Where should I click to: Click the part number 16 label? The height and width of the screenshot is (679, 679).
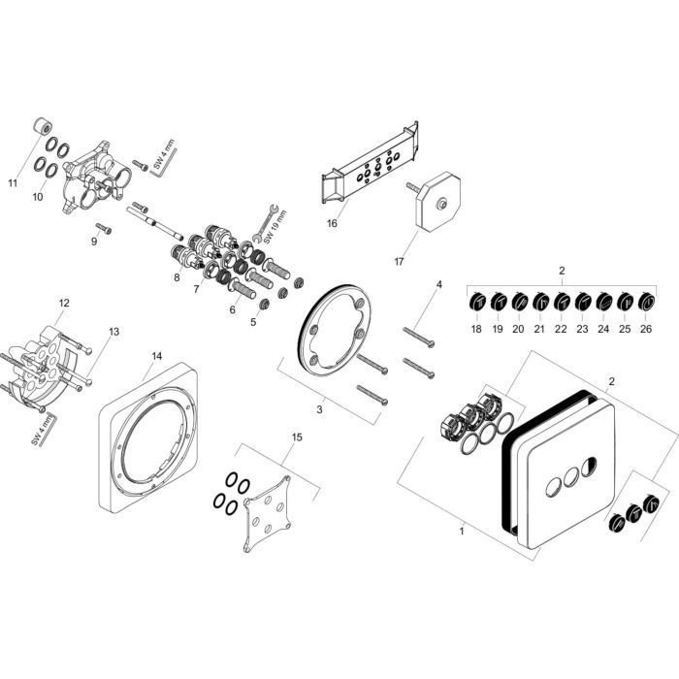332,223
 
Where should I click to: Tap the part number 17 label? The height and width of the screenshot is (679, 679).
398,259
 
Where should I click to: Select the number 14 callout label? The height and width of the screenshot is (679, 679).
157,356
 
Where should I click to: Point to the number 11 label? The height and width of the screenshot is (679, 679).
13,181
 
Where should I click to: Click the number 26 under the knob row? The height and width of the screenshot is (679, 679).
646,330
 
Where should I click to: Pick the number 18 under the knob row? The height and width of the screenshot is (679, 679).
476,330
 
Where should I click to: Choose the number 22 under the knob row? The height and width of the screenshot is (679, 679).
561,330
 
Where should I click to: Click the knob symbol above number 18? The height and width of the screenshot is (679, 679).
476,304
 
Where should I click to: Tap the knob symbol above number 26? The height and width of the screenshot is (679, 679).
646,304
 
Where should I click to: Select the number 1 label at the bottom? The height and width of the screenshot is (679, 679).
463,531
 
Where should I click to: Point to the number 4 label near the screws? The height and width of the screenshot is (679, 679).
438,284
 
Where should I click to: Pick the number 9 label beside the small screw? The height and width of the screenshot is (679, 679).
94,241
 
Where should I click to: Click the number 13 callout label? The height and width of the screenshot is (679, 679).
114,332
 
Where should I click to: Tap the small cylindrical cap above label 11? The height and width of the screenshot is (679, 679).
42,127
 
